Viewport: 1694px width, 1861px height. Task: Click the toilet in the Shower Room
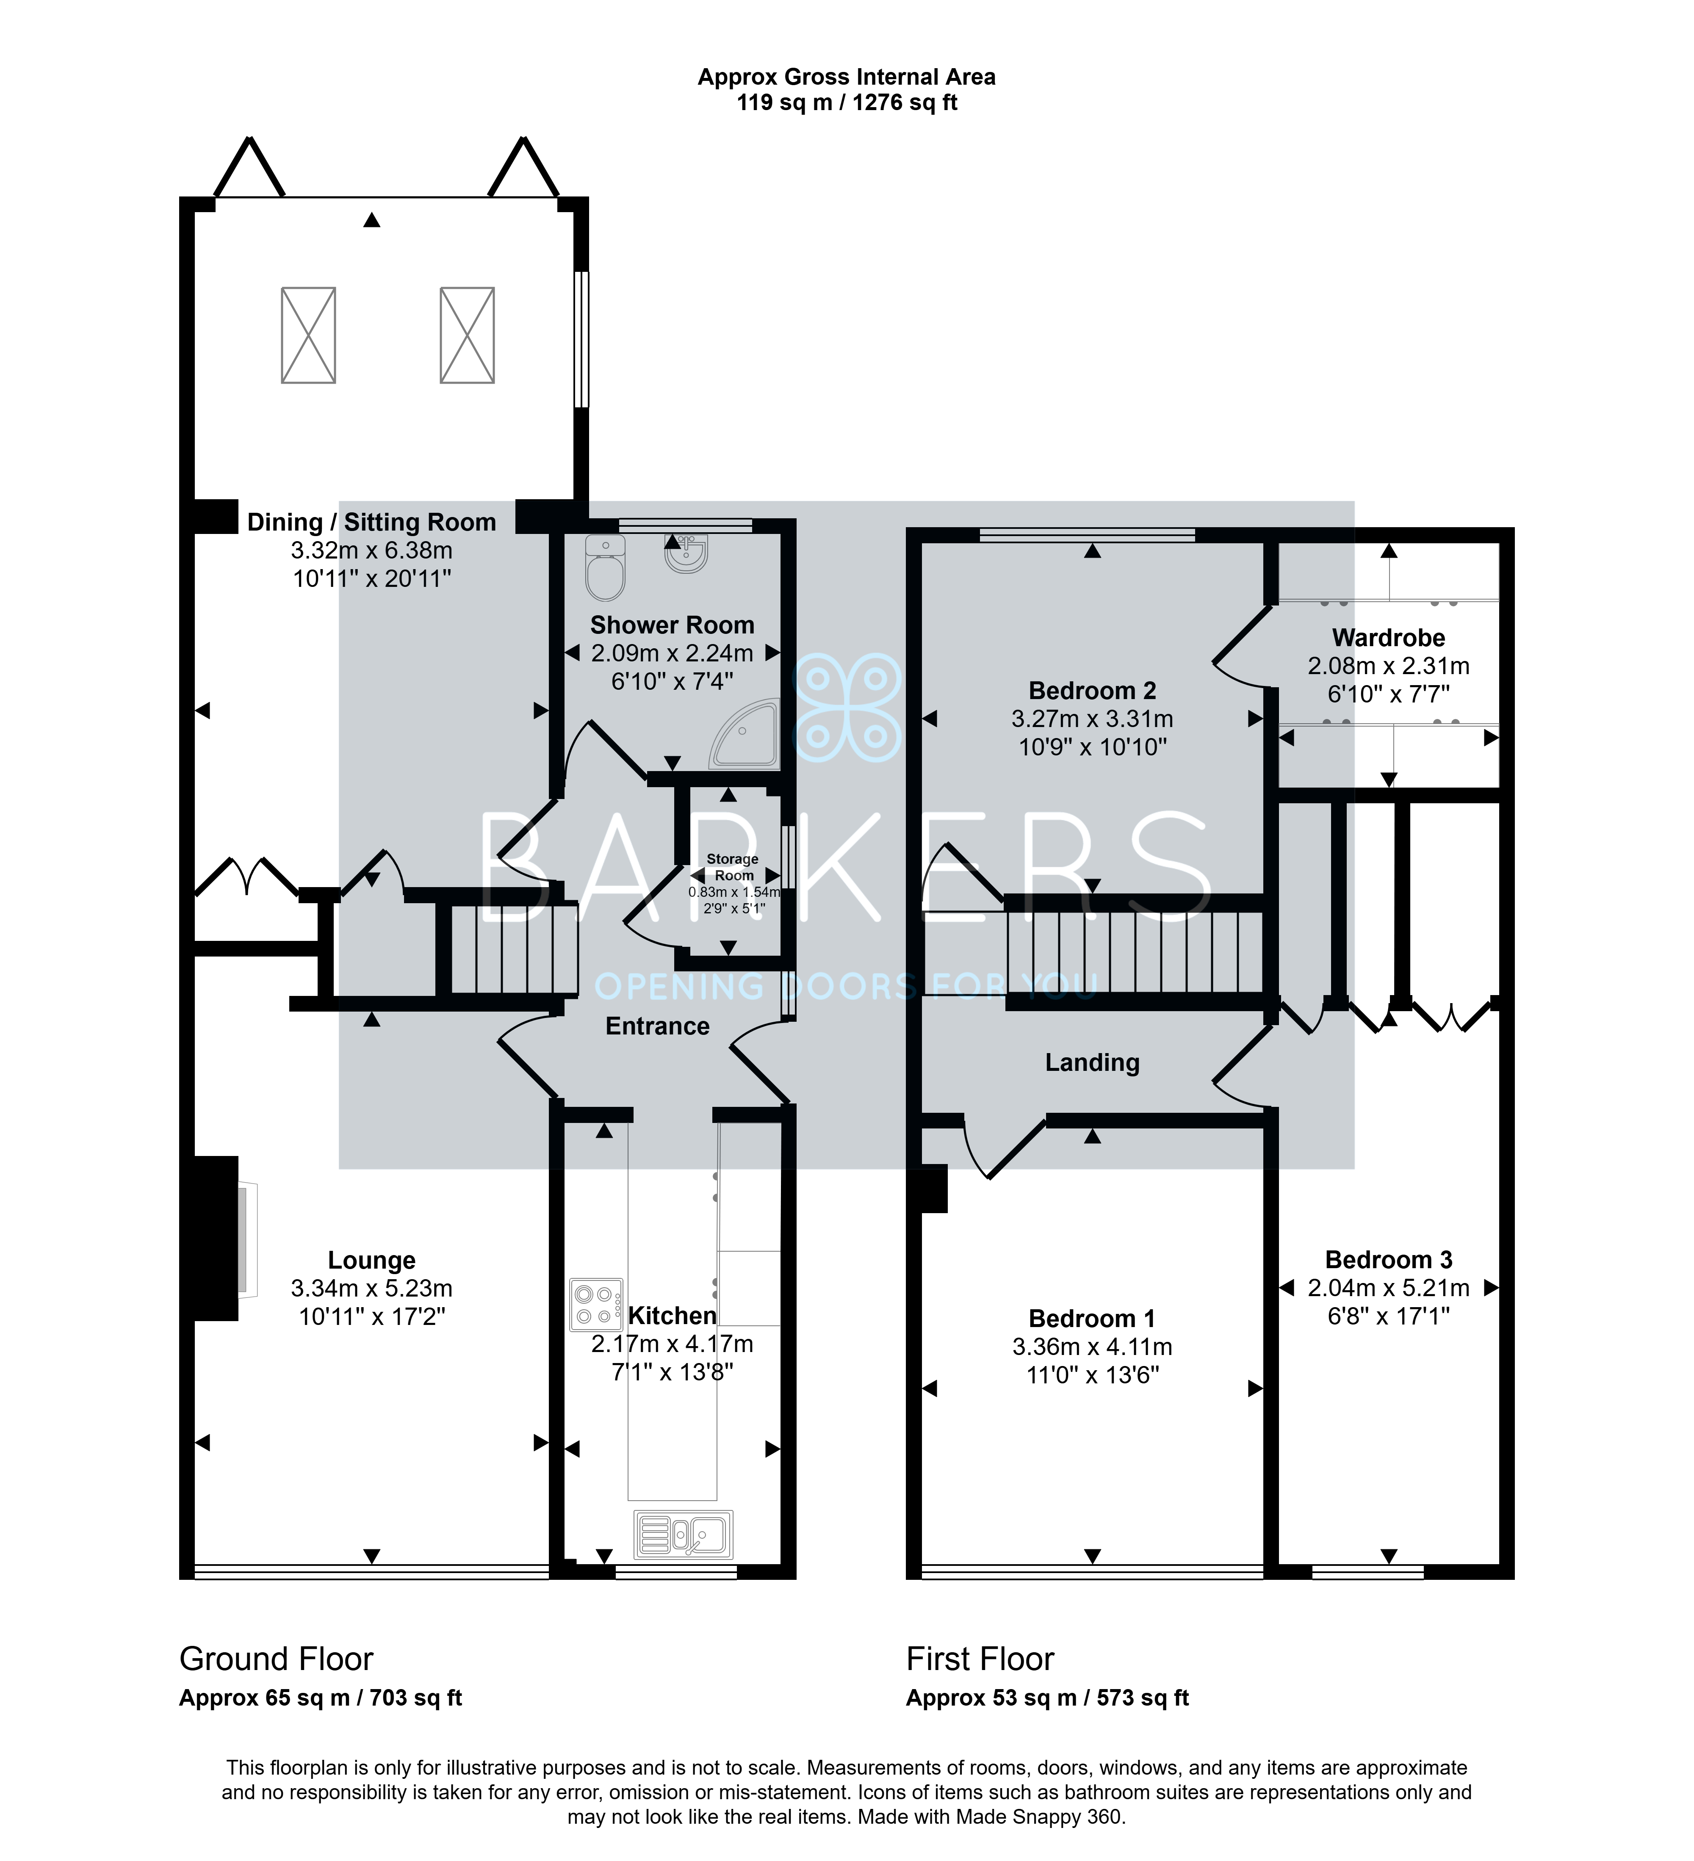coord(606,567)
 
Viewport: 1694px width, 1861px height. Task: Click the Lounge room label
coord(372,1260)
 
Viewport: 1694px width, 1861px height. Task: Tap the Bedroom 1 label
coord(1092,1318)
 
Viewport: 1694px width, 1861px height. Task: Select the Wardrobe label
coord(1388,637)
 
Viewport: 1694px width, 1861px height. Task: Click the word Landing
coord(1092,1062)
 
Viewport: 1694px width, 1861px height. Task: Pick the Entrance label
coord(657,1026)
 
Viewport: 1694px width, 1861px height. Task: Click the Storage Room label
coord(733,867)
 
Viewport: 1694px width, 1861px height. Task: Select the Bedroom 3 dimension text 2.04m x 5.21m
coord(1388,1288)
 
